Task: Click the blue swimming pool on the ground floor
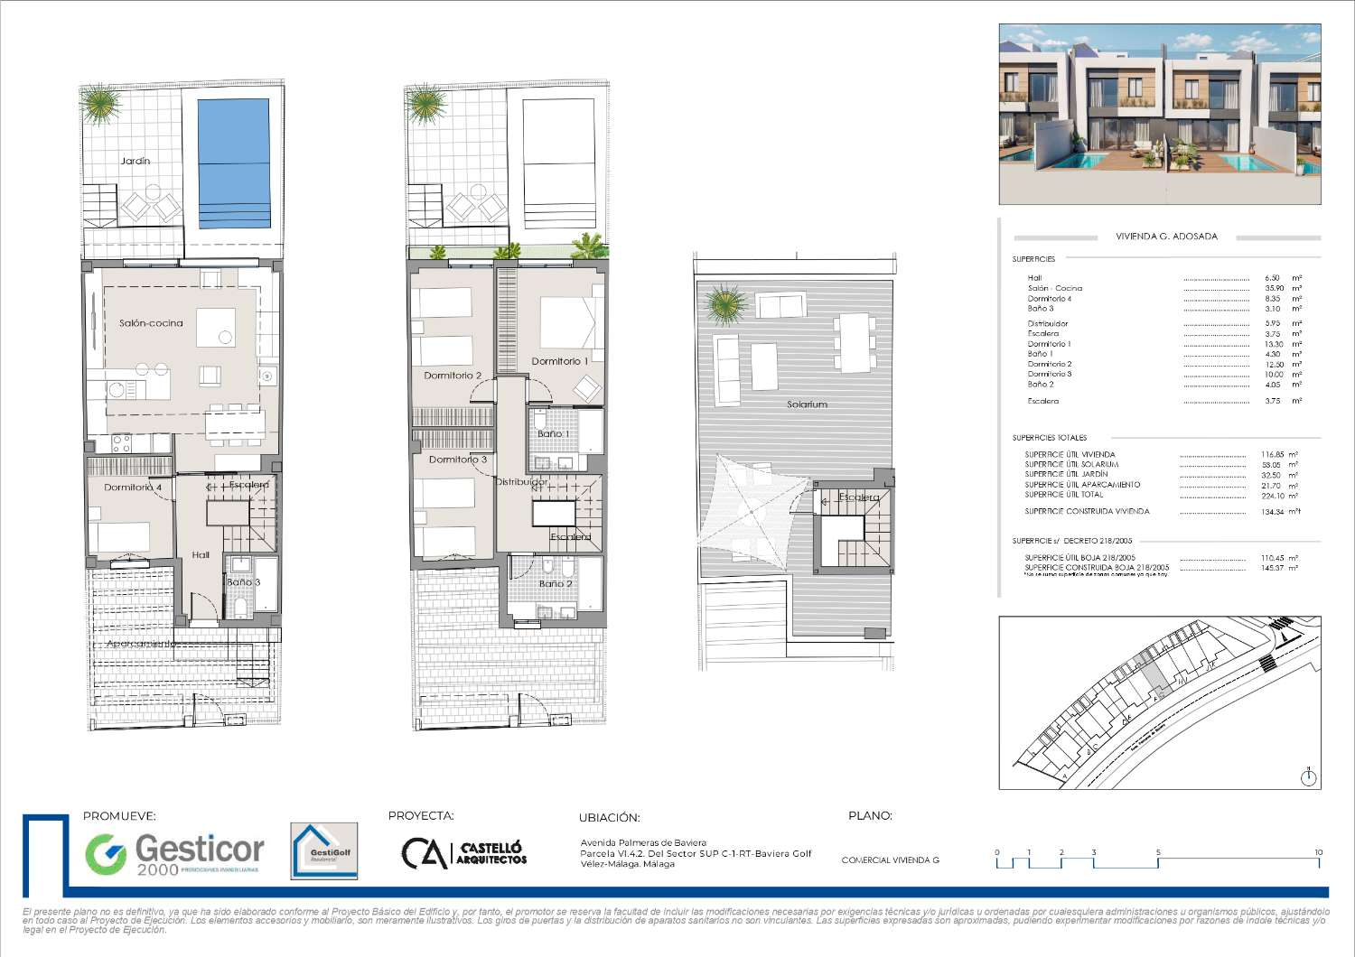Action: point(234,163)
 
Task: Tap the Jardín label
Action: point(135,161)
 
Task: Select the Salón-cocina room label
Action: point(151,323)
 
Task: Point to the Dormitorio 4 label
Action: point(133,488)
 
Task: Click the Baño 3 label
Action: point(243,582)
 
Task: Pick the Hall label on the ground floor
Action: point(201,554)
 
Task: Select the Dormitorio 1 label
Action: point(560,361)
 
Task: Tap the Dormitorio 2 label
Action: point(453,376)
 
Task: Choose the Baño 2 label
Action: point(556,584)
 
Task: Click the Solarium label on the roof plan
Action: point(807,404)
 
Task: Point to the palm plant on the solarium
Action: point(727,304)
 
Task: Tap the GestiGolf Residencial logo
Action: point(323,850)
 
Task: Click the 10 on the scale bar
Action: point(1318,852)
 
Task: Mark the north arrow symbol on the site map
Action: point(1310,776)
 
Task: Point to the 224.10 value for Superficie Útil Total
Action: point(1273,495)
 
